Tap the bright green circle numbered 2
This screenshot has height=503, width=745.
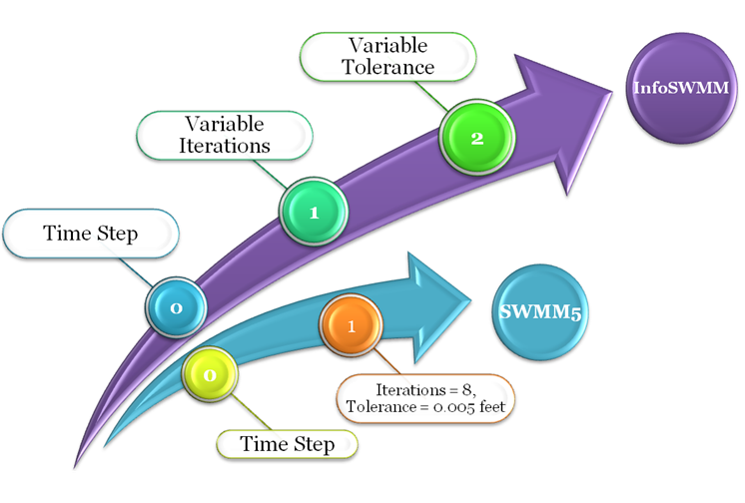pyautogui.click(x=476, y=139)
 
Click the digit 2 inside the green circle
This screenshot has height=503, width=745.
pyautogui.click(x=476, y=139)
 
